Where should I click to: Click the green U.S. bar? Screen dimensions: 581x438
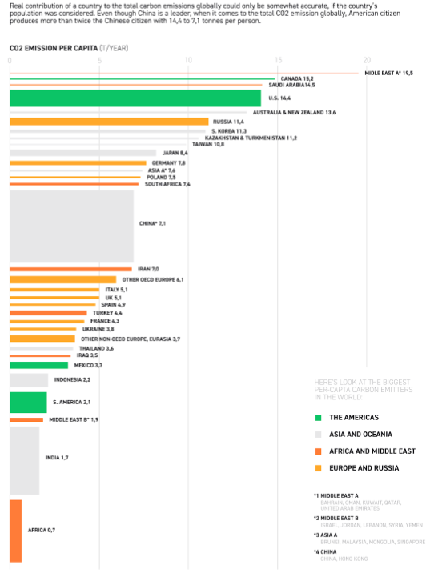[135, 98]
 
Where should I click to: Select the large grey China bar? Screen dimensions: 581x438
[71, 223]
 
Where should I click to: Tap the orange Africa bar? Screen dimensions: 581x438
[15, 531]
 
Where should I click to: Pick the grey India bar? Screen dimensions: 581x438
[24, 459]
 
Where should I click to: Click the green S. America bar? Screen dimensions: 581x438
[28, 402]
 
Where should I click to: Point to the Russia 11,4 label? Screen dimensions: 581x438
[228, 122]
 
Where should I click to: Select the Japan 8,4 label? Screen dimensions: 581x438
[175, 153]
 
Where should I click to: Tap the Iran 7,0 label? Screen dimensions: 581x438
[149, 269]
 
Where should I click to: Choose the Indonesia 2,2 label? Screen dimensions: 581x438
[72, 379]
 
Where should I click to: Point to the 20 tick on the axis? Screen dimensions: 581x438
[367, 61]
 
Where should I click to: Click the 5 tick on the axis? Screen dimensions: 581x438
[99, 61]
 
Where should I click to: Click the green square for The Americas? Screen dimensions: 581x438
[318, 417]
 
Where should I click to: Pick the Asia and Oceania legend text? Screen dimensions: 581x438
[360, 434]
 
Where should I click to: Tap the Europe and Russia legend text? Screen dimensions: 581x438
[364, 467]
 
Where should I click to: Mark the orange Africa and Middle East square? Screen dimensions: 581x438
[318, 451]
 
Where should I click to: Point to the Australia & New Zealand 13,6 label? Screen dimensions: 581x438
[299, 113]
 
